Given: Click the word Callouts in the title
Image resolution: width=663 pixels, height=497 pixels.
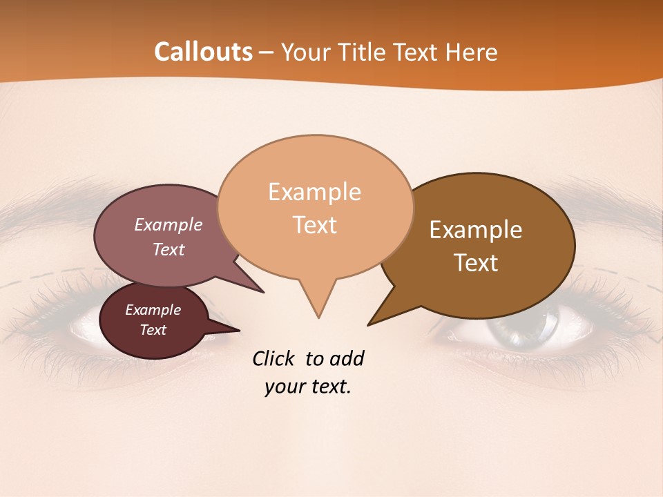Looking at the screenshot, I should tap(203, 52).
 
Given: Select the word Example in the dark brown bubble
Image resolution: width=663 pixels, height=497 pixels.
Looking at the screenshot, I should tap(476, 230).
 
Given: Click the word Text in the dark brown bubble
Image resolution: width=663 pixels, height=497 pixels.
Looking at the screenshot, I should tap(477, 263).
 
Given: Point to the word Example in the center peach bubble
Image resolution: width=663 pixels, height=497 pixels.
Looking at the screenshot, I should tap(314, 192).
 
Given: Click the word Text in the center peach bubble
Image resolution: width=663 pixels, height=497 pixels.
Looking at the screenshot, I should tap(315, 225).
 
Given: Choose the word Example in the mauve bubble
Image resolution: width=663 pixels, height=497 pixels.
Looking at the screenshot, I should tap(169, 224).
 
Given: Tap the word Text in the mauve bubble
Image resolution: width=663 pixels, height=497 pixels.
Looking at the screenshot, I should tap(169, 249).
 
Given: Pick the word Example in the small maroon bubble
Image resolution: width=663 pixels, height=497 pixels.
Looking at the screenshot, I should tap(153, 310).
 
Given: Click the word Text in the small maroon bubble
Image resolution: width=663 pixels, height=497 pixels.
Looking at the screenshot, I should tap(153, 330).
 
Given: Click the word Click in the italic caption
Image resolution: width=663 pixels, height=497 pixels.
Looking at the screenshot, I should tap(275, 358).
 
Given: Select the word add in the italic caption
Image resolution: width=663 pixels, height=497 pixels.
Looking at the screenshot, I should tap(346, 358).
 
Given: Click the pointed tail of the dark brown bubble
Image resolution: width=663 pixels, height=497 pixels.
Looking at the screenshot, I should tap(371, 323).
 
